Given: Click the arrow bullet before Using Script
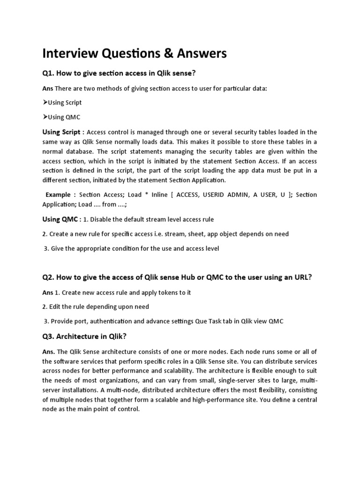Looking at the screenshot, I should (x=45, y=102).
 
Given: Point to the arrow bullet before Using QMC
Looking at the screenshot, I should (x=45, y=117).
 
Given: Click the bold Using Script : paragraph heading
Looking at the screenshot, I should (x=64, y=132).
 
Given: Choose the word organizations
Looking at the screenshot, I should (x=118, y=381).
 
